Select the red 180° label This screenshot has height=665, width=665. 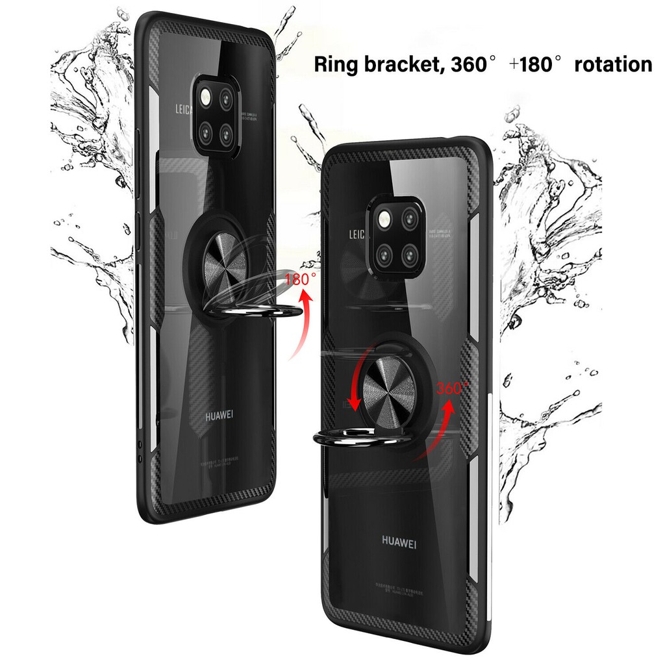tap(301, 280)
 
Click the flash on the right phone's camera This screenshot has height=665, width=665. tap(382, 219)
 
